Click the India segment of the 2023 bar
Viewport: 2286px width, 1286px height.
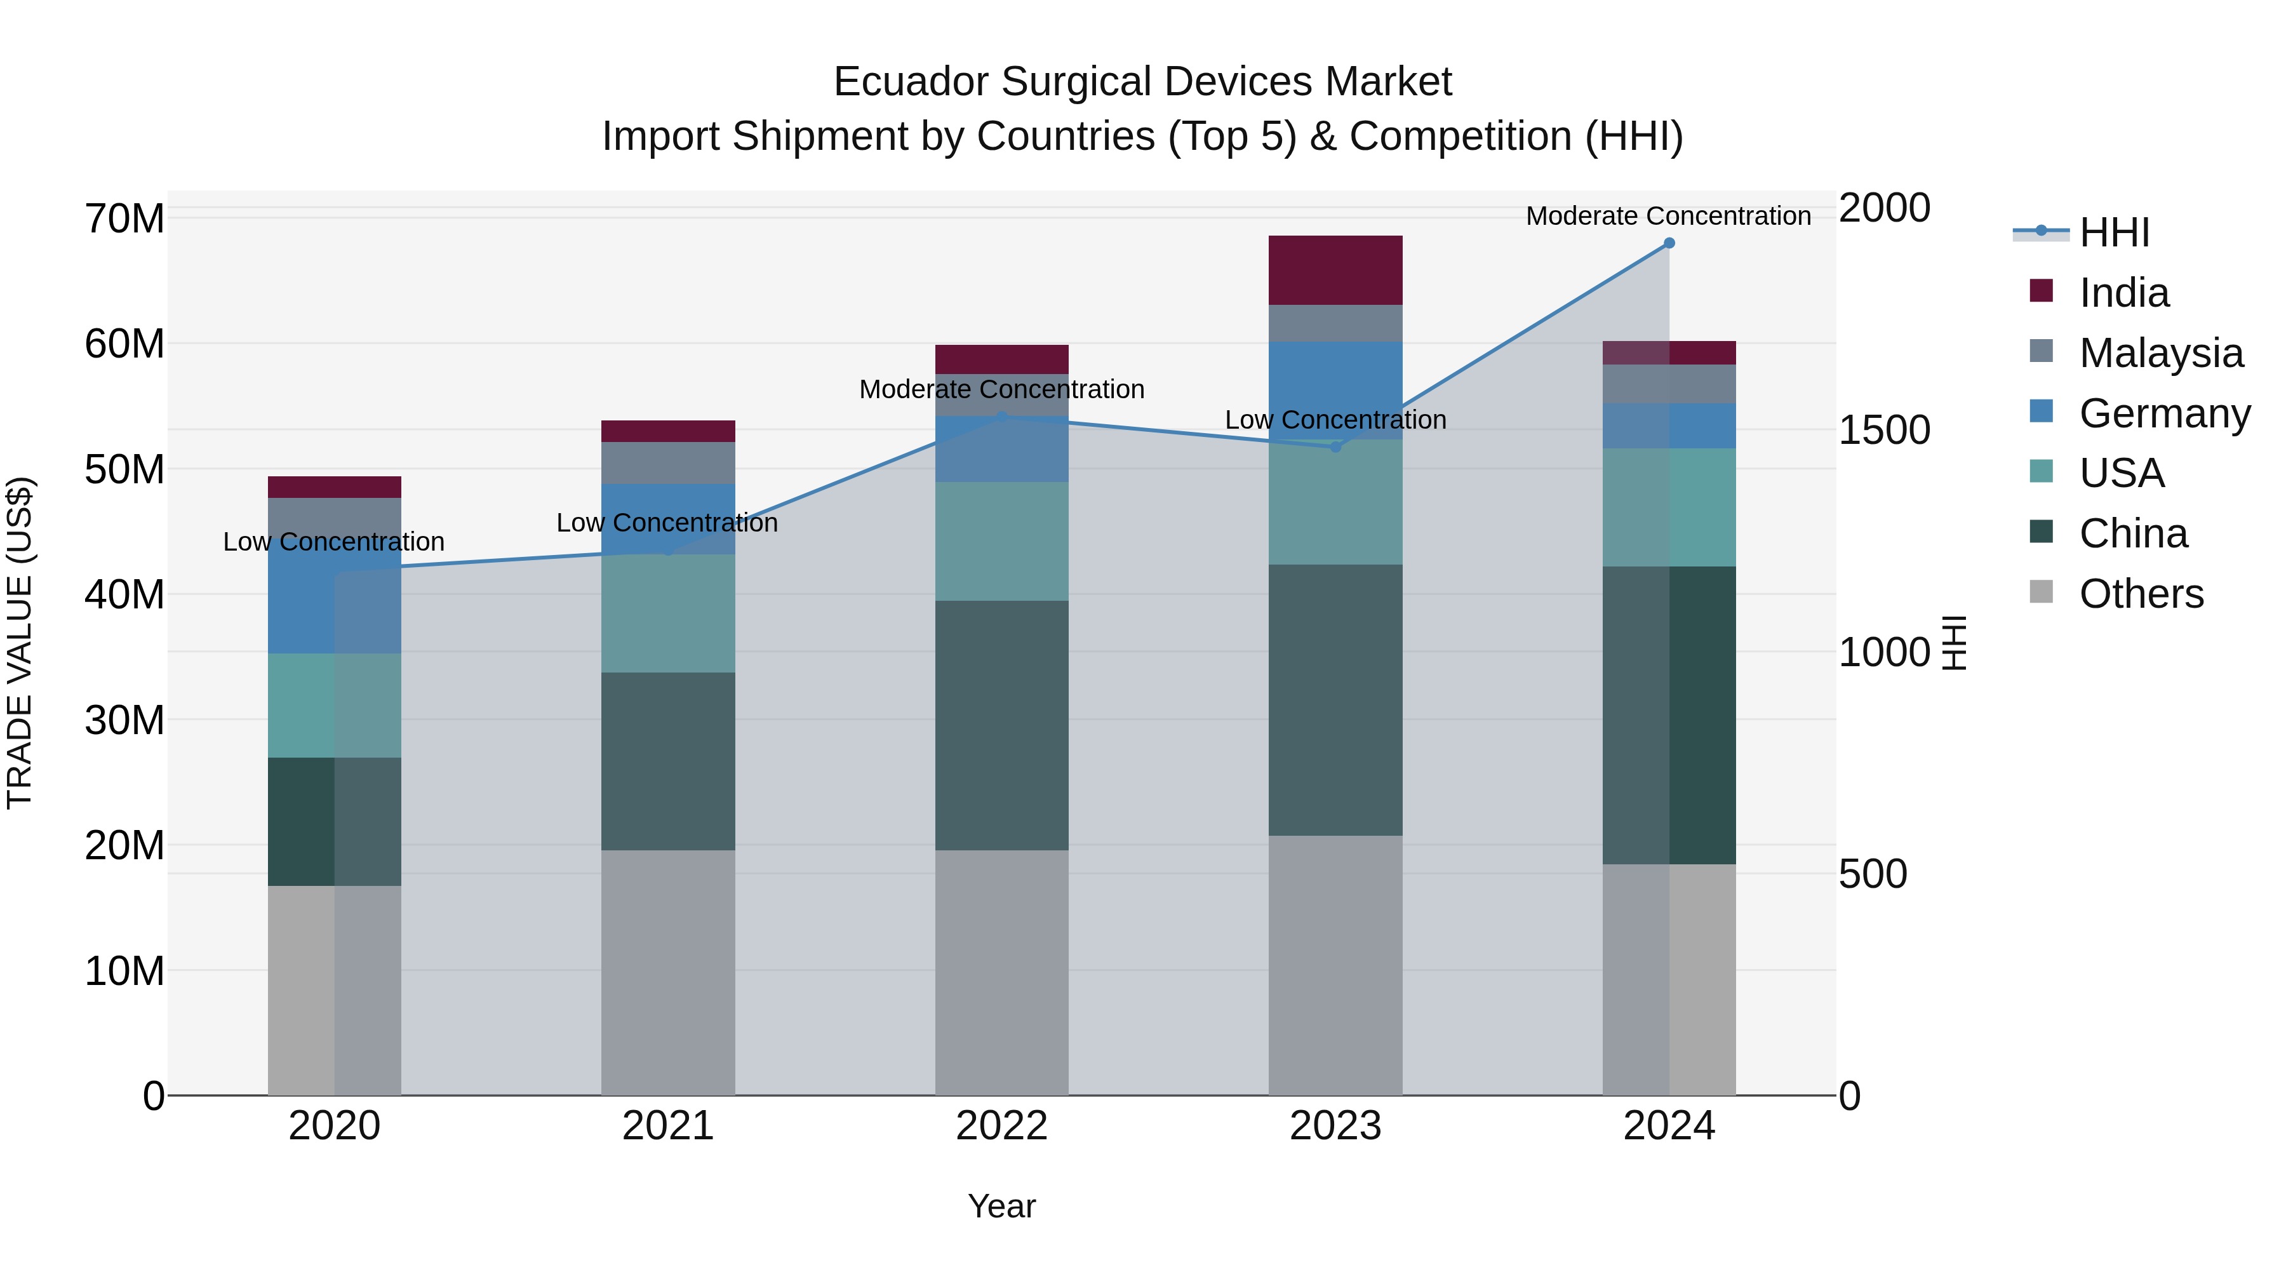(1335, 270)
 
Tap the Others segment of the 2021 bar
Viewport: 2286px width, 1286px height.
(667, 972)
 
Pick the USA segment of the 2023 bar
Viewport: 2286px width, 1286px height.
(1335, 502)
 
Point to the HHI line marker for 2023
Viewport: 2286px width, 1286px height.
(1335, 447)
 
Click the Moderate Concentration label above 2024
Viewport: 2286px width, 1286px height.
(1668, 216)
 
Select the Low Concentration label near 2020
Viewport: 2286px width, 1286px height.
(333, 541)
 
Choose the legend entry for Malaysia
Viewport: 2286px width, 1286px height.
(2160, 353)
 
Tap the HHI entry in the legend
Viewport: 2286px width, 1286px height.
(2114, 232)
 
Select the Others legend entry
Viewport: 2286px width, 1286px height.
(2141, 594)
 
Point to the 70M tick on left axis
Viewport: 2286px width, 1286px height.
(124, 218)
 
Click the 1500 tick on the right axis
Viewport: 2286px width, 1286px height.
(1883, 431)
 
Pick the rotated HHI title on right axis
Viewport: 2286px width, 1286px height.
(1954, 643)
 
